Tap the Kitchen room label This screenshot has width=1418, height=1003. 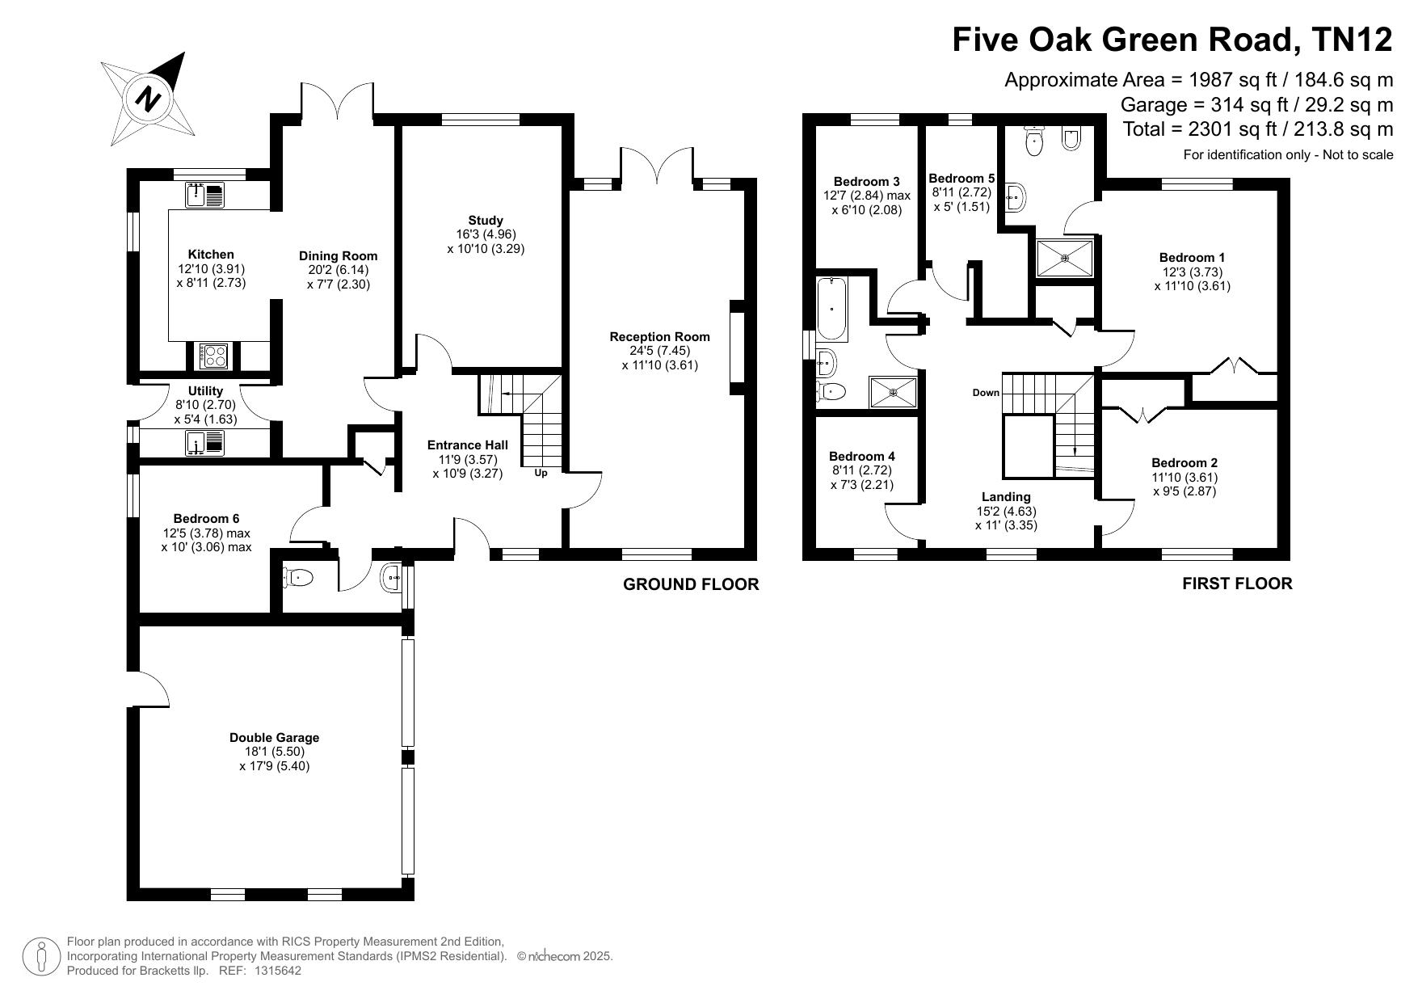(x=211, y=255)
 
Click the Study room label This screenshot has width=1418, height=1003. (x=486, y=220)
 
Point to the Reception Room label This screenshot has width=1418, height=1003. (x=659, y=337)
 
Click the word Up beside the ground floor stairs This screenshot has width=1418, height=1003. (x=541, y=473)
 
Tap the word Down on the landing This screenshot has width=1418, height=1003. (x=986, y=393)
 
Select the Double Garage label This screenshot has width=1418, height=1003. (x=275, y=737)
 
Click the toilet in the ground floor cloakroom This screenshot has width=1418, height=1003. (x=298, y=577)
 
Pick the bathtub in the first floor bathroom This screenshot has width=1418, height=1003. (x=831, y=309)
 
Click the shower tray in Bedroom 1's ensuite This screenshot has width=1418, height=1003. (x=1065, y=258)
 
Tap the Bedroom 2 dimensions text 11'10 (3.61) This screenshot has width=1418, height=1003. (x=1184, y=478)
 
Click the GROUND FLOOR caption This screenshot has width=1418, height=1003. (x=691, y=584)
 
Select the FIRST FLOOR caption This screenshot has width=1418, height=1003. (x=1237, y=584)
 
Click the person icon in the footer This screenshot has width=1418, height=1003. (x=40, y=957)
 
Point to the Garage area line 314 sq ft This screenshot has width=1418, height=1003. (x=1256, y=105)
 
